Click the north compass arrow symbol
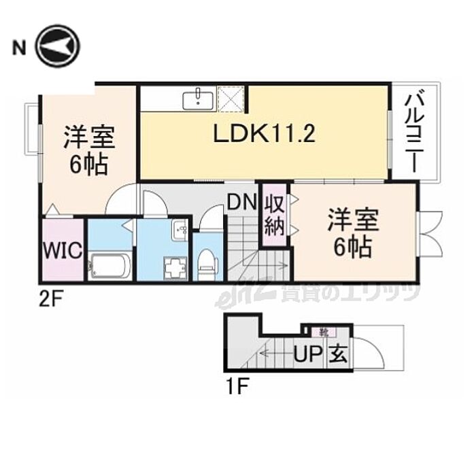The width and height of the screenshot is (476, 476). (58, 46)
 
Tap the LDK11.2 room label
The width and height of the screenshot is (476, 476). (263, 135)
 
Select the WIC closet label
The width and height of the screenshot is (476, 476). (63, 250)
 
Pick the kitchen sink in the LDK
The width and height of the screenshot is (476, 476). (199, 100)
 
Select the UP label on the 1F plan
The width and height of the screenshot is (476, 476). (307, 354)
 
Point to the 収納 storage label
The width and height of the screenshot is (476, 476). (274, 216)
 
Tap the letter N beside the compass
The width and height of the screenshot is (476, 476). (18, 47)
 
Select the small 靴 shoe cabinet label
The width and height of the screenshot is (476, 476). (324, 333)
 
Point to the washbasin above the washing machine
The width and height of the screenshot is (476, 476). (180, 228)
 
